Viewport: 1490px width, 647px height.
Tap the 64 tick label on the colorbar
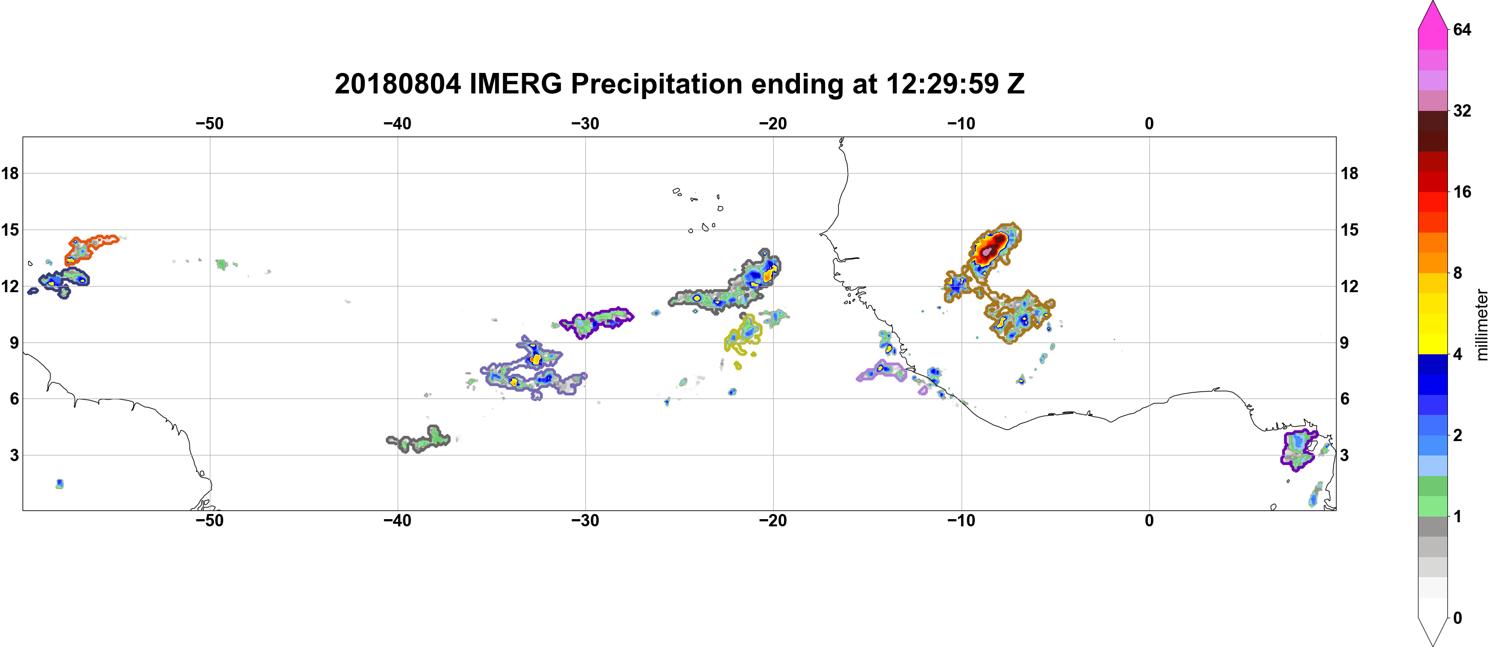1462,29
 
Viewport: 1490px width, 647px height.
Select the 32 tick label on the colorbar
1462,110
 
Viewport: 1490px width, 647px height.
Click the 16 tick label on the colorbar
1462,192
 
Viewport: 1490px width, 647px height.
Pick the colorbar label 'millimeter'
1481,325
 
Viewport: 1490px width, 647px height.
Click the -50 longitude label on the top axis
209,124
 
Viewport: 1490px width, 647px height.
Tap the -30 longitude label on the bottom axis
585,521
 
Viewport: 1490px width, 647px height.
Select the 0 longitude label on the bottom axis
1149,521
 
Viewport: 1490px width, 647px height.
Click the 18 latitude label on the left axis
10,173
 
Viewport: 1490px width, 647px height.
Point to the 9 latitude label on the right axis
1344,342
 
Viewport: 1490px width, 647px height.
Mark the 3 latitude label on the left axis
14,455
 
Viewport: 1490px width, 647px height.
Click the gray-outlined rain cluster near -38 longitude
418,440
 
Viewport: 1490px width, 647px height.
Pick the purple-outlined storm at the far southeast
1298,450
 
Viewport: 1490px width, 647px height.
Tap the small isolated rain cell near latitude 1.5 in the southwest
60,484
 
